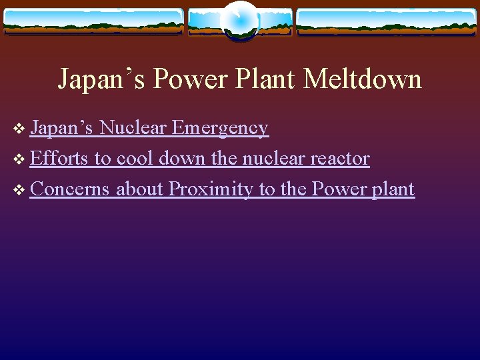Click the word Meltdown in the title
tap(363, 79)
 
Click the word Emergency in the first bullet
tap(220, 127)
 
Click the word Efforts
tap(59, 159)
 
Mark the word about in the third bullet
tap(139, 189)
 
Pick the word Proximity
tap(211, 189)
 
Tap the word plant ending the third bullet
tap(393, 189)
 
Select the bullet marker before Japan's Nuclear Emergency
tap(19, 129)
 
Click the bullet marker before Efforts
tap(19, 159)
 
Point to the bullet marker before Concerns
tap(19, 190)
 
